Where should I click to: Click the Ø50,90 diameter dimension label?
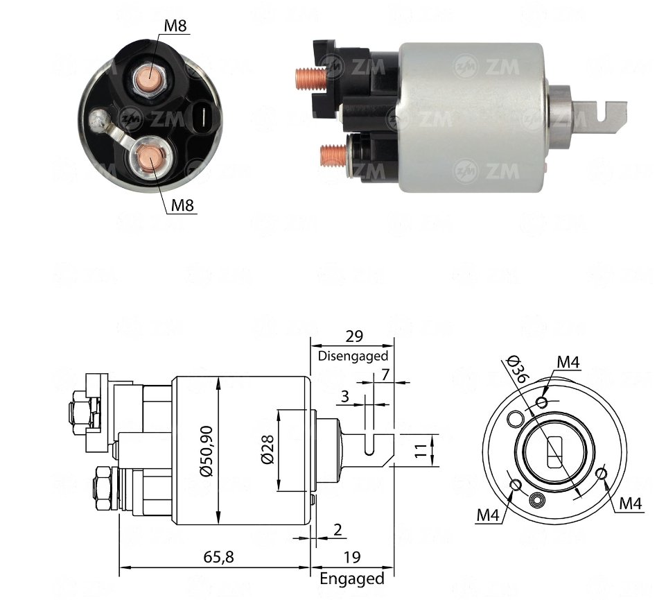(x=207, y=451)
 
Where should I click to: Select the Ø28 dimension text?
(x=268, y=449)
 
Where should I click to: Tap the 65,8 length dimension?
(x=218, y=557)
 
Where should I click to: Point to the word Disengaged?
(x=353, y=356)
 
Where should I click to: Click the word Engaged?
(x=352, y=578)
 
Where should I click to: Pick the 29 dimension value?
(x=354, y=336)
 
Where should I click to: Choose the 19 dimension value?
(x=352, y=557)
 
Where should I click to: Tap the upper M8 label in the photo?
(x=175, y=26)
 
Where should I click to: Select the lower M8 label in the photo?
(x=183, y=205)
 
